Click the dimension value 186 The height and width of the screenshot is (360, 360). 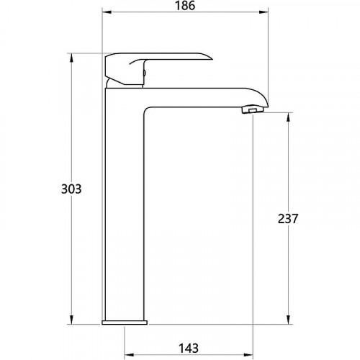(x=185, y=6)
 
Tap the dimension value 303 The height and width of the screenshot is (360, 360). (x=71, y=189)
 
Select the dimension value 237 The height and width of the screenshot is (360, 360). (x=288, y=219)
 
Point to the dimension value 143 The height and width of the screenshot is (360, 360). (x=189, y=348)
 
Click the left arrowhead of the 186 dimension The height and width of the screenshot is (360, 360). (x=107, y=12)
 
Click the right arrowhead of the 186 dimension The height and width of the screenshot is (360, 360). (x=264, y=12)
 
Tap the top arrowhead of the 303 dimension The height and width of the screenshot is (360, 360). (x=71, y=58)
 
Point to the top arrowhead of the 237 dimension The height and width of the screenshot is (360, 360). (x=289, y=117)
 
